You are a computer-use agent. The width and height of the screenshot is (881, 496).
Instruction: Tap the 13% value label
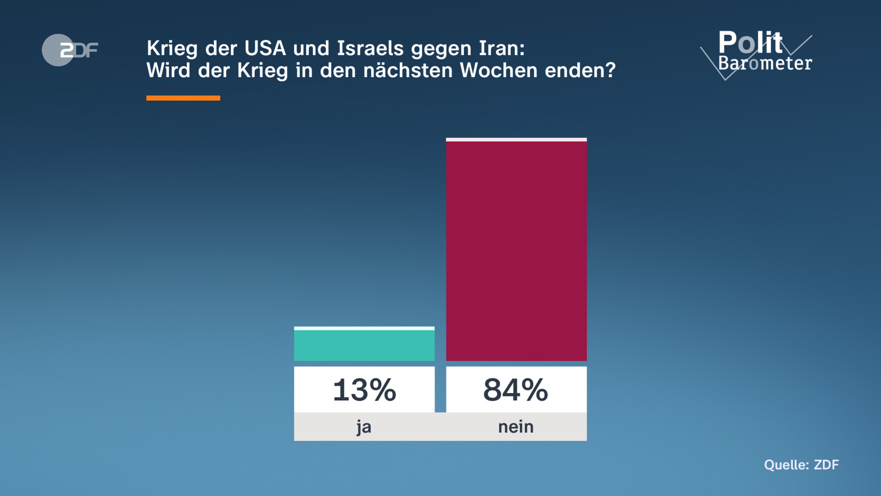[x=364, y=390]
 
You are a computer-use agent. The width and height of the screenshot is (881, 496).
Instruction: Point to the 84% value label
[x=516, y=390]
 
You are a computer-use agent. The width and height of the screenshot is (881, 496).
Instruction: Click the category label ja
[x=364, y=427]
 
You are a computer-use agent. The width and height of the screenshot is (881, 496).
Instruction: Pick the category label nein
[x=516, y=427]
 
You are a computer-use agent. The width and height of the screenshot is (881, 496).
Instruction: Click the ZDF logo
[x=70, y=50]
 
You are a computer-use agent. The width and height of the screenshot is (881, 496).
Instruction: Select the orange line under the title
[x=183, y=98]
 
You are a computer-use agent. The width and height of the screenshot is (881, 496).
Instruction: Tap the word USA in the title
[x=265, y=48]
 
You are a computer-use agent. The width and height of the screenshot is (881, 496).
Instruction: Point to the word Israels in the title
[x=370, y=48]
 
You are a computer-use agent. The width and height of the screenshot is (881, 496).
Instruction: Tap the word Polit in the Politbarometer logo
[x=750, y=43]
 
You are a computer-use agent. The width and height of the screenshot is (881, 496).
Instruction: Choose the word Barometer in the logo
[x=765, y=63]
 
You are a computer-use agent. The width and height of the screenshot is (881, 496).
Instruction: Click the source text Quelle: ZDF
[x=801, y=465]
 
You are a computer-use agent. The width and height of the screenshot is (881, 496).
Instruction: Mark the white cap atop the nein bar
[x=516, y=140]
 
